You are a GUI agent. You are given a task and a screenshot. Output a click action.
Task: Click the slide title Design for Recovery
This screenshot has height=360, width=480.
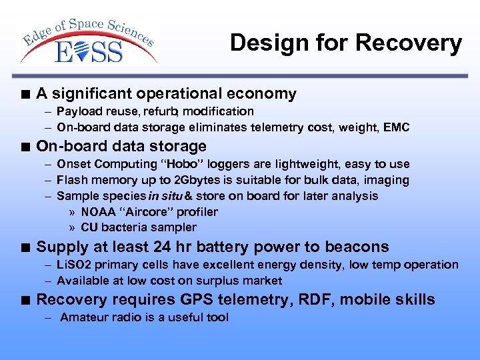(x=345, y=43)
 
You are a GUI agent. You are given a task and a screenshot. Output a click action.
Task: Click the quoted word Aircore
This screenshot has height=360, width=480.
(x=142, y=212)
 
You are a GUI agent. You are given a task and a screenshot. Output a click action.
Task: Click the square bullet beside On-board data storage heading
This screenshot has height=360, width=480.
(x=25, y=147)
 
